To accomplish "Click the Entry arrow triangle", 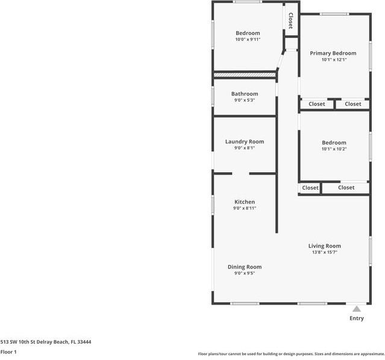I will click(357, 309).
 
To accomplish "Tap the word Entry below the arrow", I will click(357, 318).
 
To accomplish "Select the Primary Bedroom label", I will click(333, 54).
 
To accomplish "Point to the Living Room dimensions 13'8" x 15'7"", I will click(325, 252).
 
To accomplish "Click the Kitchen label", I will click(245, 202).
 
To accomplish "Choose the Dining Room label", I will click(245, 267).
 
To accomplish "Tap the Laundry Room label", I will click(245, 141).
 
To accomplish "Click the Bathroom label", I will click(245, 94).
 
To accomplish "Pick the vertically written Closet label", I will click(290, 21).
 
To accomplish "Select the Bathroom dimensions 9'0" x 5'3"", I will click(245, 101).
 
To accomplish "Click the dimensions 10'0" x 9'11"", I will click(248, 40).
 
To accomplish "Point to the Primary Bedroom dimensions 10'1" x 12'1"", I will click(333, 60).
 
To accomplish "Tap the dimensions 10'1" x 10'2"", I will click(334, 149).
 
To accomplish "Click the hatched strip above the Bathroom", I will click(245, 74).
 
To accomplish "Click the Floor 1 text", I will click(8, 352).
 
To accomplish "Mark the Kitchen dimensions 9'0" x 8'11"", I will click(245, 208).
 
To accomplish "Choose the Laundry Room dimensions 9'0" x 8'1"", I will click(245, 148).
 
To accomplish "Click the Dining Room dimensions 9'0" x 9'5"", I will click(245, 273).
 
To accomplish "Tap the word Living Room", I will click(325, 246).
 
